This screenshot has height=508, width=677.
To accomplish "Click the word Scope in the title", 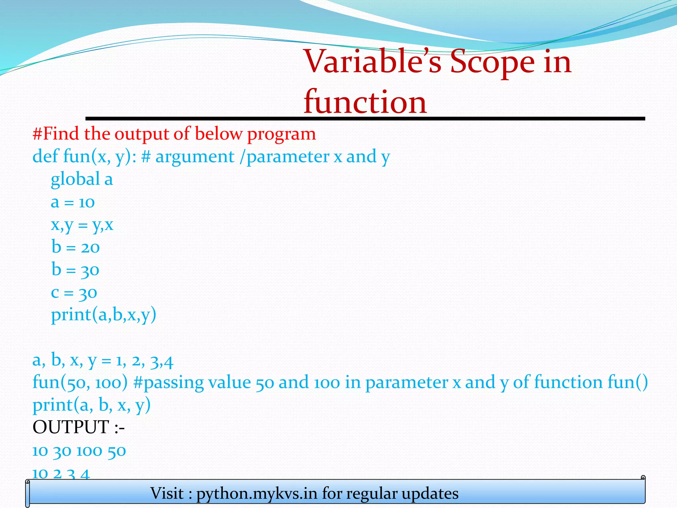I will [492, 62].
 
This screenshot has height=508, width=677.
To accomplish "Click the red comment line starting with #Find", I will [174, 134].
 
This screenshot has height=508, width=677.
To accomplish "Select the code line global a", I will [82, 180].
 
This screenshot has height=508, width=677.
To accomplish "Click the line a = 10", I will [73, 202].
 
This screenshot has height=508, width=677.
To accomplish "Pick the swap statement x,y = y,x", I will [82, 225].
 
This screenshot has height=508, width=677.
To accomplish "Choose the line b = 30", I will [75, 270].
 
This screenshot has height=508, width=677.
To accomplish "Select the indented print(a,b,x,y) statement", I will [103, 315].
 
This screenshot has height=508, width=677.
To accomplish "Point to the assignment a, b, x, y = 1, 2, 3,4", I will [103, 360].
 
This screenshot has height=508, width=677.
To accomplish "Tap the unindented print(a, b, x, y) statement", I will [92, 405].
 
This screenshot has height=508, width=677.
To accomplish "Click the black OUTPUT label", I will [78, 427].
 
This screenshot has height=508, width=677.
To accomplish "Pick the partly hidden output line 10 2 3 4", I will [61, 474].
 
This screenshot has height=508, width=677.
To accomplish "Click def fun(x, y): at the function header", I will [85, 156].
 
